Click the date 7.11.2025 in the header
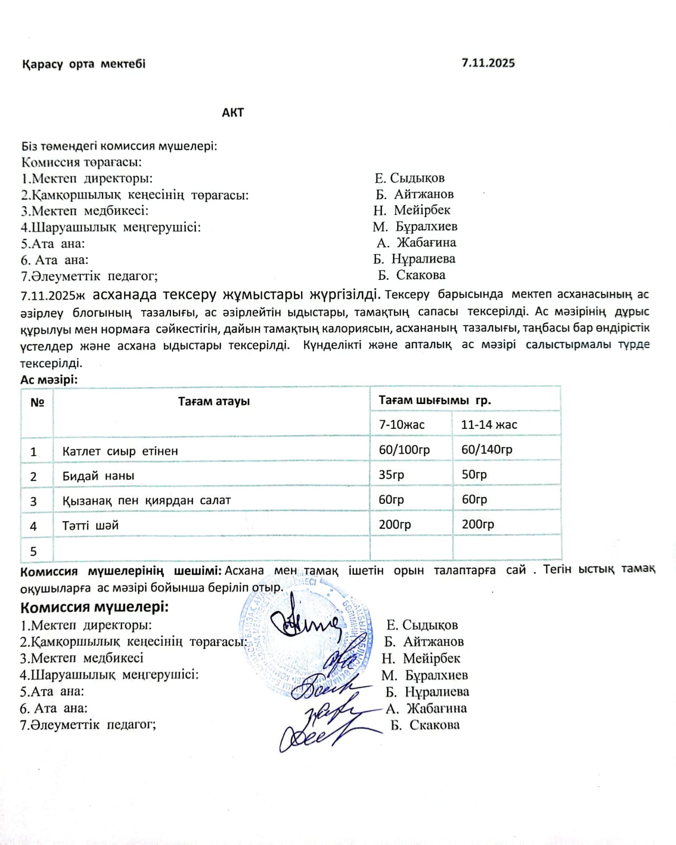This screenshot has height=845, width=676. point(488,63)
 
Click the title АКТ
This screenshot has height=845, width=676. point(232,112)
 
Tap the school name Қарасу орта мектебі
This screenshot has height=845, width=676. point(84,64)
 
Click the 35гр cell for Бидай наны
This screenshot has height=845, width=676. point(391,474)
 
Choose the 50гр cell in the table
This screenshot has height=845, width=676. point(474,474)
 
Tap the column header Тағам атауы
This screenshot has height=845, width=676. point(213,401)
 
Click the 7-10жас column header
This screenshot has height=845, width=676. point(401,425)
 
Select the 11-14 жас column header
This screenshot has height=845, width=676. point(489,425)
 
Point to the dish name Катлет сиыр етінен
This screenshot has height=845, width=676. point(120,452)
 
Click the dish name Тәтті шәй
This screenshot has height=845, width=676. point(90,525)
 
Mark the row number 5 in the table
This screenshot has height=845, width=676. point(33,552)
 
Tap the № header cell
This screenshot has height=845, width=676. point(37,402)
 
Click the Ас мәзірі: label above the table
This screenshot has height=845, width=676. point(49,380)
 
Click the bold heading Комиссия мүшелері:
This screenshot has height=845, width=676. point(95,607)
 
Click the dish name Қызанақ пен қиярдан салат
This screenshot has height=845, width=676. point(146,501)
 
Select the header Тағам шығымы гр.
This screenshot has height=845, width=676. point(435,400)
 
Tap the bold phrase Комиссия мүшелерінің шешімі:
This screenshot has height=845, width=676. point(121,571)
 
